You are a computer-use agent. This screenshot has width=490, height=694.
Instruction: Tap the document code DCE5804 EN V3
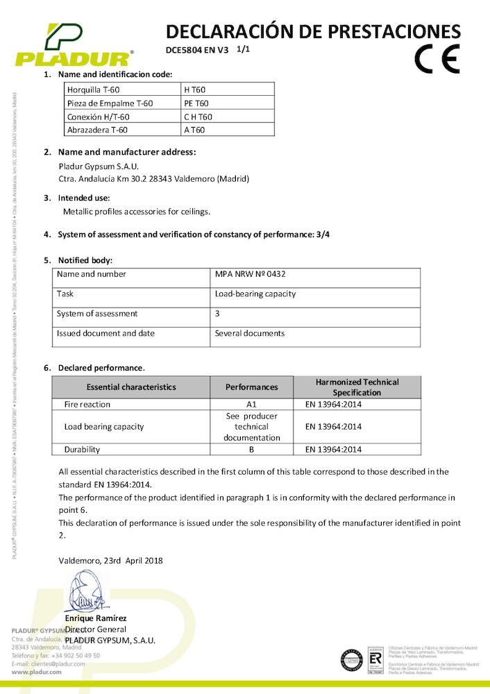pyautogui.click(x=197, y=50)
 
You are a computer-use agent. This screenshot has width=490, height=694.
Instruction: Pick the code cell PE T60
pyautogui.click(x=196, y=103)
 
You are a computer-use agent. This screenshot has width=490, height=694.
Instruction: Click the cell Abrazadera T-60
pyautogui.click(x=97, y=129)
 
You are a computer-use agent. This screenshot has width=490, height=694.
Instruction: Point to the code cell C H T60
pyautogui.click(x=198, y=116)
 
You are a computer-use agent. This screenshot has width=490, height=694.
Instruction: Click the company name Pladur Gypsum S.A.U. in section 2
pyautogui.click(x=99, y=167)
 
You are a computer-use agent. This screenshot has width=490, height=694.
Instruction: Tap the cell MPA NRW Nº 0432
pyautogui.click(x=251, y=274)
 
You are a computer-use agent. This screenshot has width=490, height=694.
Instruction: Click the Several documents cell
pyautogui.click(x=250, y=334)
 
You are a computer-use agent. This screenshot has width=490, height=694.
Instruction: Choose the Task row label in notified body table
pyautogui.click(x=65, y=294)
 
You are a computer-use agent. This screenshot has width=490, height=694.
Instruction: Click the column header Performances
pyautogui.click(x=251, y=387)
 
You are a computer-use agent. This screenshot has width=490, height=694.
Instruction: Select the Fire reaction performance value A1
pyautogui.click(x=251, y=405)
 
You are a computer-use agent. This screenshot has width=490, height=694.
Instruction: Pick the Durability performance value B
pyautogui.click(x=251, y=450)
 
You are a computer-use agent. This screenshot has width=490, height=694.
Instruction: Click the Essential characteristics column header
pyautogui.click(x=131, y=387)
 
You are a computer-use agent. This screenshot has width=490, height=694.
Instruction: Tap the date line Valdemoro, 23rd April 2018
pyautogui.click(x=111, y=560)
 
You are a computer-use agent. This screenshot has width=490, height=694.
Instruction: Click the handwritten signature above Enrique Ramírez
pyautogui.click(x=84, y=592)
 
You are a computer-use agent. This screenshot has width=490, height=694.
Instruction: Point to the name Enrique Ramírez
pyautogui.click(x=96, y=618)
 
